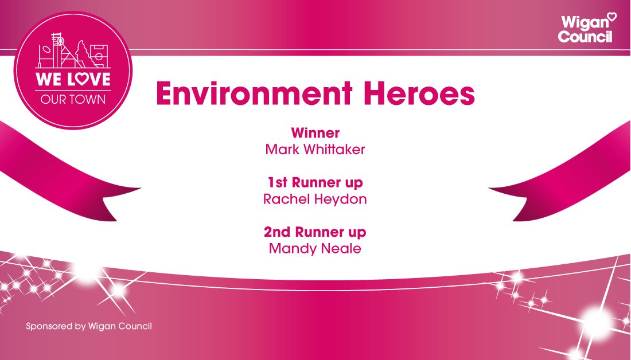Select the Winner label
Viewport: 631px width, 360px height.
tap(315, 133)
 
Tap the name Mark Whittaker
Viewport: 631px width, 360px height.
tap(315, 149)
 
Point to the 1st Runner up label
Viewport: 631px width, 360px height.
tap(315, 183)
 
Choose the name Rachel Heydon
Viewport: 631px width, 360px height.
tap(315, 199)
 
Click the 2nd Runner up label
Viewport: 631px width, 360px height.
tap(315, 233)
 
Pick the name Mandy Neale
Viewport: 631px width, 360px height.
tap(315, 249)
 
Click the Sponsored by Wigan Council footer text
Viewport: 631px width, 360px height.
tap(89, 326)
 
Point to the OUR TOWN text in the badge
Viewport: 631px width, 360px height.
tap(73, 99)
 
